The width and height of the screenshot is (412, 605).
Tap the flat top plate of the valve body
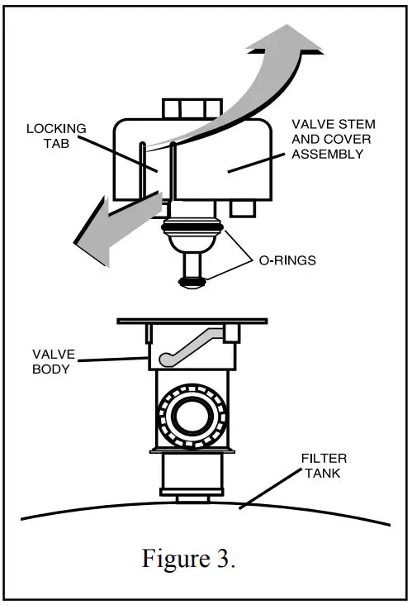coord(192,320)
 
